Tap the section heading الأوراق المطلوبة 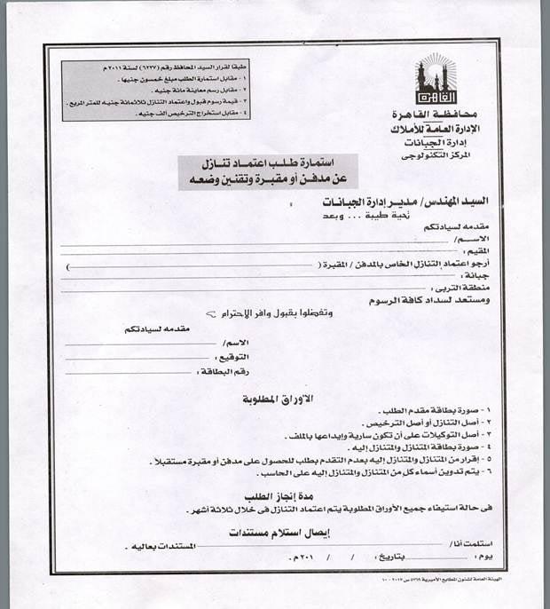280,399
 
